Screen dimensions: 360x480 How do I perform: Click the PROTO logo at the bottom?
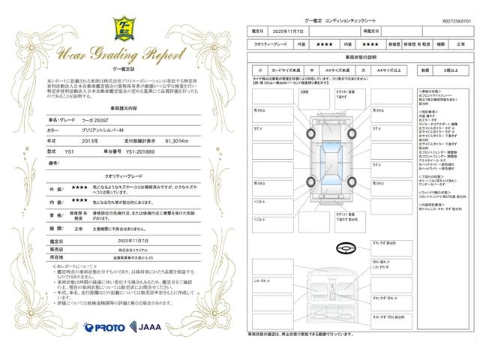[x=104, y=327]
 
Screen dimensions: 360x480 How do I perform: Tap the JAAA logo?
[x=145, y=326]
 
